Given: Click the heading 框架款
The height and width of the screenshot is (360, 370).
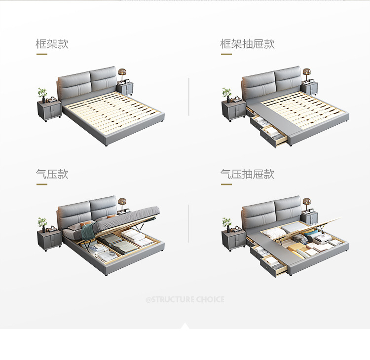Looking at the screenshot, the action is tap(52, 44).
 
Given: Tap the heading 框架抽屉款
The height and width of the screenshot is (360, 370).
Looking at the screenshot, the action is tap(247, 44).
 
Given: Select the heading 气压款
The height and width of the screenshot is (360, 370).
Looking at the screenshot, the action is tap(52, 174).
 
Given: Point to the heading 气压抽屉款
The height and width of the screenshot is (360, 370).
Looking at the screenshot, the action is tap(247, 174).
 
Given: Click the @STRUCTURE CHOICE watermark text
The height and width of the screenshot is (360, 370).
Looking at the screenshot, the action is tap(185, 299).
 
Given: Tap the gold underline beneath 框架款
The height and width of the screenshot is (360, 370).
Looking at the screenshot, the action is tap(42, 54).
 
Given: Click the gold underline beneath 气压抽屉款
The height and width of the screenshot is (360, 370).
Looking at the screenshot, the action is tap(226, 184).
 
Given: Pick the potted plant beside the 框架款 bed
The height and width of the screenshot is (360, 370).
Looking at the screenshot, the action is tap(42, 93).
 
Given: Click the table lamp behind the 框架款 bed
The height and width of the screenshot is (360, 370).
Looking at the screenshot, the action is tap(122, 74).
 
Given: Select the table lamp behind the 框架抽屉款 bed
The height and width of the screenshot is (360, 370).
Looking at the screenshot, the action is tap(306, 74).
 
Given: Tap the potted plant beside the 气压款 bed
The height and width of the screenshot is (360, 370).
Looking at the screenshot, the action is tap(42, 223).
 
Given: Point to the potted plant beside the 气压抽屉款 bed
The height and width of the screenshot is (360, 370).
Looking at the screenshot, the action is tap(227, 223).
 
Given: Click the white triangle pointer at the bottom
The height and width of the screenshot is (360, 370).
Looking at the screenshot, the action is tap(185, 326).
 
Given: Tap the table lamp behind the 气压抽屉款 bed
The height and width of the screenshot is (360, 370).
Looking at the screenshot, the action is tap(306, 204).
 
